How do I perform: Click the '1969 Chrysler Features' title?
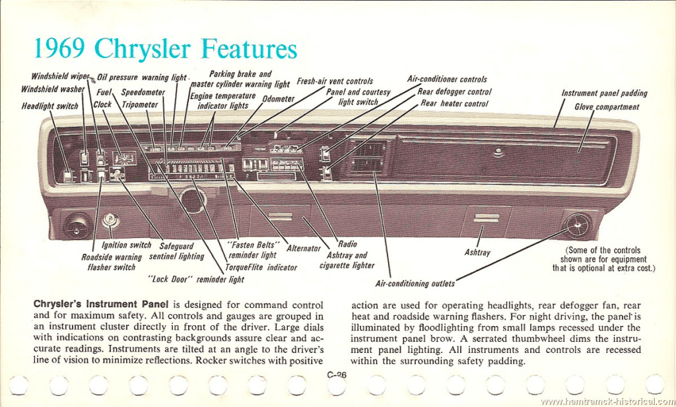164,49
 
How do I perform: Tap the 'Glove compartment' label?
606,107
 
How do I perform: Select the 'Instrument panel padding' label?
603,94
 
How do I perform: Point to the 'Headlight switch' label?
50,106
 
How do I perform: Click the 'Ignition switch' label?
127,245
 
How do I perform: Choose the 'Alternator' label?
303,249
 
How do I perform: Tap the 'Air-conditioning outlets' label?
415,284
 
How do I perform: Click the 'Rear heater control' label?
454,104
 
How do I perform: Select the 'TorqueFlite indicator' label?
261,267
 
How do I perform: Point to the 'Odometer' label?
278,99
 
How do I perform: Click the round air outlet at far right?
576,226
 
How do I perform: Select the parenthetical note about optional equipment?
603,259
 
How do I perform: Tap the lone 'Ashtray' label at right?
477,253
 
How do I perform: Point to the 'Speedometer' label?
143,93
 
